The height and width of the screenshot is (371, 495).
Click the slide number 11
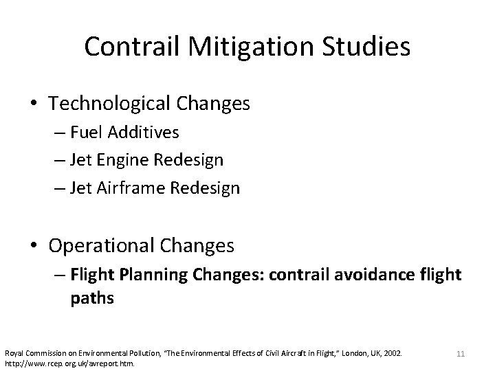pyautogui.click(x=461, y=354)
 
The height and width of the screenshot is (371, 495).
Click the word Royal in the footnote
pyautogui.click(x=13, y=353)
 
